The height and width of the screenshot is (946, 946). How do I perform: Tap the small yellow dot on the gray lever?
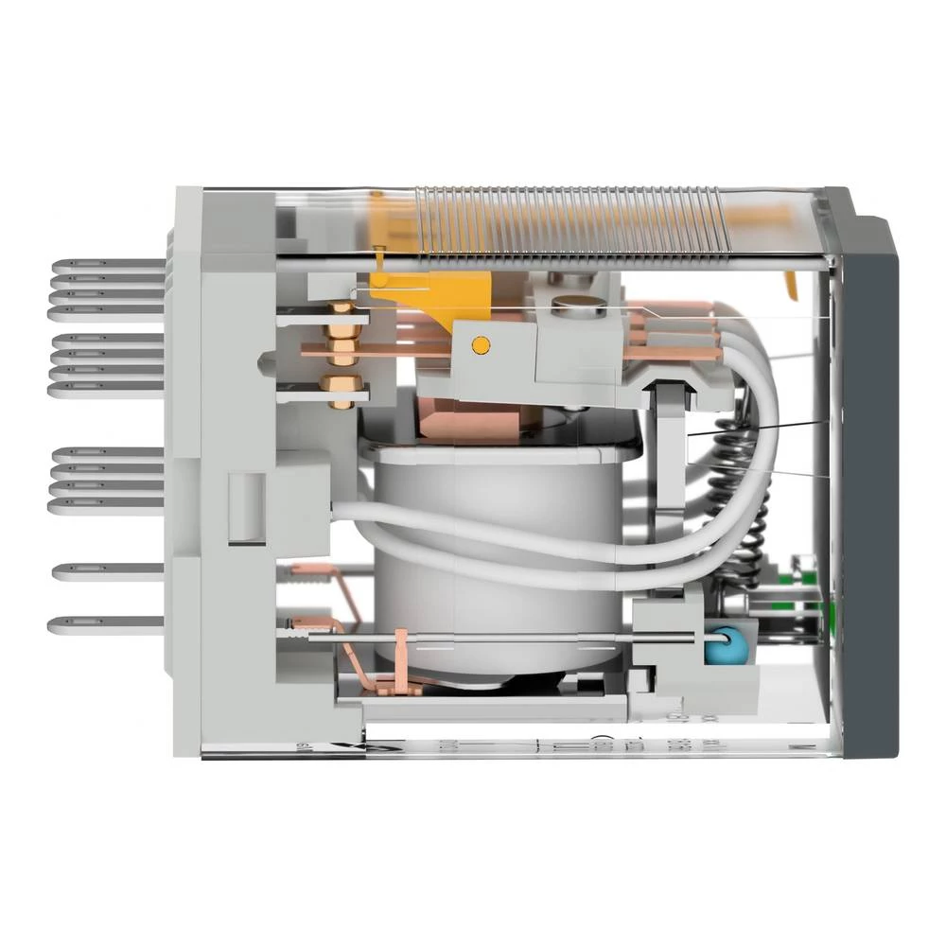click(480, 345)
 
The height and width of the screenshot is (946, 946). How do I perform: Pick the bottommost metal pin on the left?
click(104, 624)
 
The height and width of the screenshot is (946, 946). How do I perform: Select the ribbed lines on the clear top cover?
click(568, 222)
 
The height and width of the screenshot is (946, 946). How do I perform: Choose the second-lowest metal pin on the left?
click(104, 570)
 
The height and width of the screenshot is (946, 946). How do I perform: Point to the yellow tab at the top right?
click(791, 281)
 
